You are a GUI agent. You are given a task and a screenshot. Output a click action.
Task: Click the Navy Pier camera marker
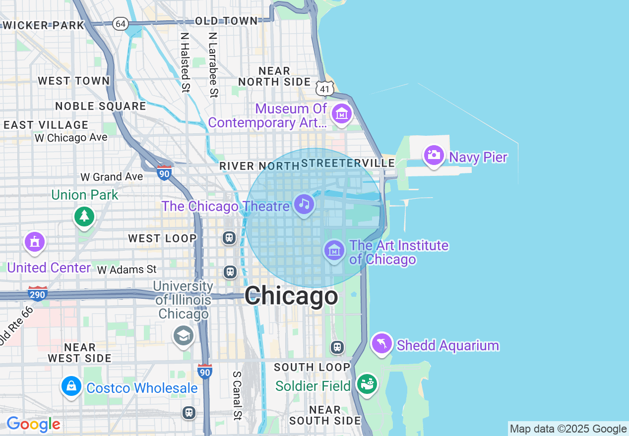[434, 155]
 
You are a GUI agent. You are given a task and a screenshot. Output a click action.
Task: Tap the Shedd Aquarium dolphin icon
[381, 343]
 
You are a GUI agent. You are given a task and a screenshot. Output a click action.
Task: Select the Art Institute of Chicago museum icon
[334, 250]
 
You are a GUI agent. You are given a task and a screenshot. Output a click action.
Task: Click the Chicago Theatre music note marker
[304, 204]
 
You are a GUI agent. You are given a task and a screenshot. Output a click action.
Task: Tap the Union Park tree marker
[84, 216]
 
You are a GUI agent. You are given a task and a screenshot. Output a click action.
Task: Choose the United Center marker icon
[34, 242]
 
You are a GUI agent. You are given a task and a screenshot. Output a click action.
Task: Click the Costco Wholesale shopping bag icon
[71, 386]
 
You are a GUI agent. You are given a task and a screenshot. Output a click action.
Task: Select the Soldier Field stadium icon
[367, 384]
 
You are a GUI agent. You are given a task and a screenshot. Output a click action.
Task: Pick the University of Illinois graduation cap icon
[183, 336]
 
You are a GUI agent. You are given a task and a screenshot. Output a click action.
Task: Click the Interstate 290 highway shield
[38, 294]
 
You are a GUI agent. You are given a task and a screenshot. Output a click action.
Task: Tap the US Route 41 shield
[324, 88]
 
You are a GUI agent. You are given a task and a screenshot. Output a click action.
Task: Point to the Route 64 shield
[120, 23]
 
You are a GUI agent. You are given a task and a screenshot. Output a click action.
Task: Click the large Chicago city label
[291, 296]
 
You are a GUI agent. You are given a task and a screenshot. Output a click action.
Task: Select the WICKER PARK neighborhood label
[43, 25]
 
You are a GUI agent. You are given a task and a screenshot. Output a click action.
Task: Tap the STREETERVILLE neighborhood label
[348, 163]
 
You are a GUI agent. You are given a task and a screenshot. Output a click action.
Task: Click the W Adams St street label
[127, 270]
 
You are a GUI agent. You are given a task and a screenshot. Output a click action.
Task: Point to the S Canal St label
[238, 395]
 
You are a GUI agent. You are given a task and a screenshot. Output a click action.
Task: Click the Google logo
[33, 425]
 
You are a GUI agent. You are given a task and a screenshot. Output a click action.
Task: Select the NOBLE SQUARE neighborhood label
[101, 106]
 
